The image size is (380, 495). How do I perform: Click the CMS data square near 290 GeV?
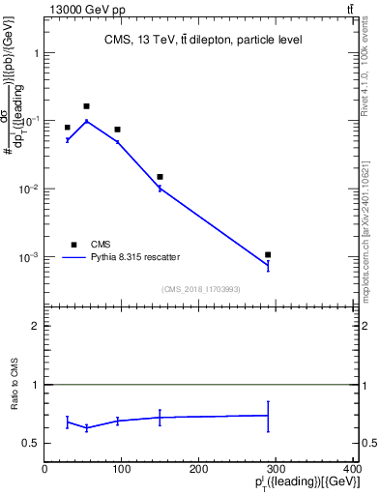268,254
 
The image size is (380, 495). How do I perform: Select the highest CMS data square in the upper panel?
87,106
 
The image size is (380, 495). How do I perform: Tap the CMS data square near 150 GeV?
160,177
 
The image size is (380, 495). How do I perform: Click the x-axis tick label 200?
199,470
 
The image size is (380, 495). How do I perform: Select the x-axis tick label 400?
353,470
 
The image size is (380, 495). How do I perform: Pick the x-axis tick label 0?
44,470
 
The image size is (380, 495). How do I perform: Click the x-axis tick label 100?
122,470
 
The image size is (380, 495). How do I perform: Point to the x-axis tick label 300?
277,470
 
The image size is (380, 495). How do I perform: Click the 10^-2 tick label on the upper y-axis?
29,189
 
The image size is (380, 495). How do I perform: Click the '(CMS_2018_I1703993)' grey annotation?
200,288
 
